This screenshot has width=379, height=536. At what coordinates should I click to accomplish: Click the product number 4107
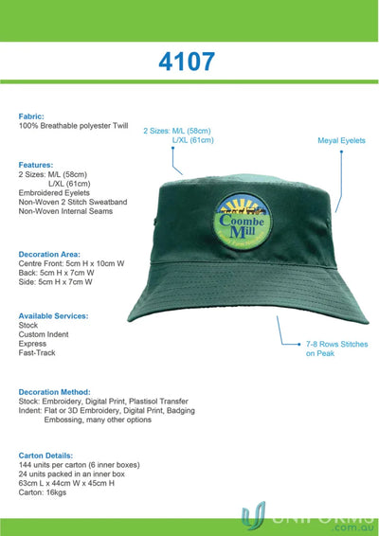point(189,63)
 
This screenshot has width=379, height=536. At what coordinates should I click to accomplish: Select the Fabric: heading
point(31,116)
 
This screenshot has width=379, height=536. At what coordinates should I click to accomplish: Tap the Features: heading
point(36,165)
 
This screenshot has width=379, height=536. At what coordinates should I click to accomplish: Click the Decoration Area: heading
point(49,254)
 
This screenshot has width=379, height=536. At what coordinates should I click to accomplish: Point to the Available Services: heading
point(53,315)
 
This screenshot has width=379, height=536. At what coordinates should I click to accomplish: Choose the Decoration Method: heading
point(55,391)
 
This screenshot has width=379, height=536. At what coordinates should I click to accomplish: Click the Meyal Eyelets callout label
point(341,140)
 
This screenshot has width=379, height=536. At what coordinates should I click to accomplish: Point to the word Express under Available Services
point(33,344)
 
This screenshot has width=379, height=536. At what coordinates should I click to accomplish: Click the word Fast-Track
point(37,353)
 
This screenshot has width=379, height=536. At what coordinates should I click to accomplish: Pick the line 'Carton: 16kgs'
point(44,492)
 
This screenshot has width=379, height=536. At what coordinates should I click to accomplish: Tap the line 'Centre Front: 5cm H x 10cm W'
point(72,263)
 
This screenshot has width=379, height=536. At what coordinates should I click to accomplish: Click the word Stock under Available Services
point(28,325)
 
